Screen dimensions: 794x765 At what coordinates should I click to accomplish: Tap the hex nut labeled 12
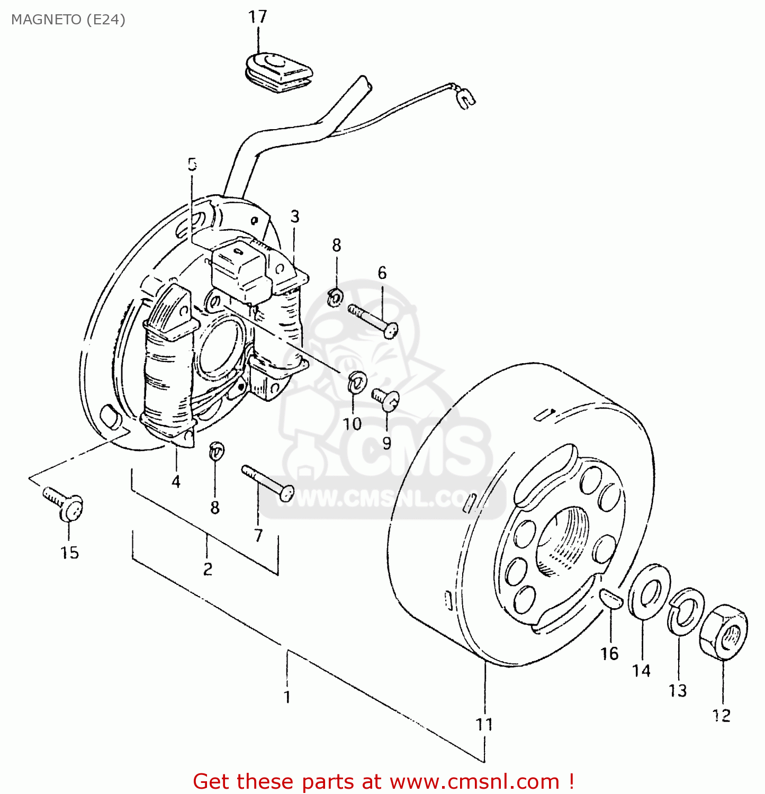(x=723, y=632)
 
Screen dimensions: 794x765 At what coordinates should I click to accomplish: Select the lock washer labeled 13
(x=685, y=611)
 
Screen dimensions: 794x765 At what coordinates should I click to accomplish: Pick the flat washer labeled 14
(x=649, y=591)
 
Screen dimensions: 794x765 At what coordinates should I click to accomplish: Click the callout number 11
(x=484, y=724)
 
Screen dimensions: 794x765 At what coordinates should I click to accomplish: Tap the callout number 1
(x=287, y=696)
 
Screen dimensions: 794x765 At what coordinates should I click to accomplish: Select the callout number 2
(x=208, y=569)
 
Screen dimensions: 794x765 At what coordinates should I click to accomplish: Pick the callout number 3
(x=295, y=216)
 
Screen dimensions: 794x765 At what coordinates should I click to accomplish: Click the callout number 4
(x=176, y=481)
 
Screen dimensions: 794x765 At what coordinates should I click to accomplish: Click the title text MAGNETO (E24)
(x=68, y=20)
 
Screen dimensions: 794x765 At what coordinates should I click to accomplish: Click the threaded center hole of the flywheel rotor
(x=561, y=540)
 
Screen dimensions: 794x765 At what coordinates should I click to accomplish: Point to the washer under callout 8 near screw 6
(x=334, y=297)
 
